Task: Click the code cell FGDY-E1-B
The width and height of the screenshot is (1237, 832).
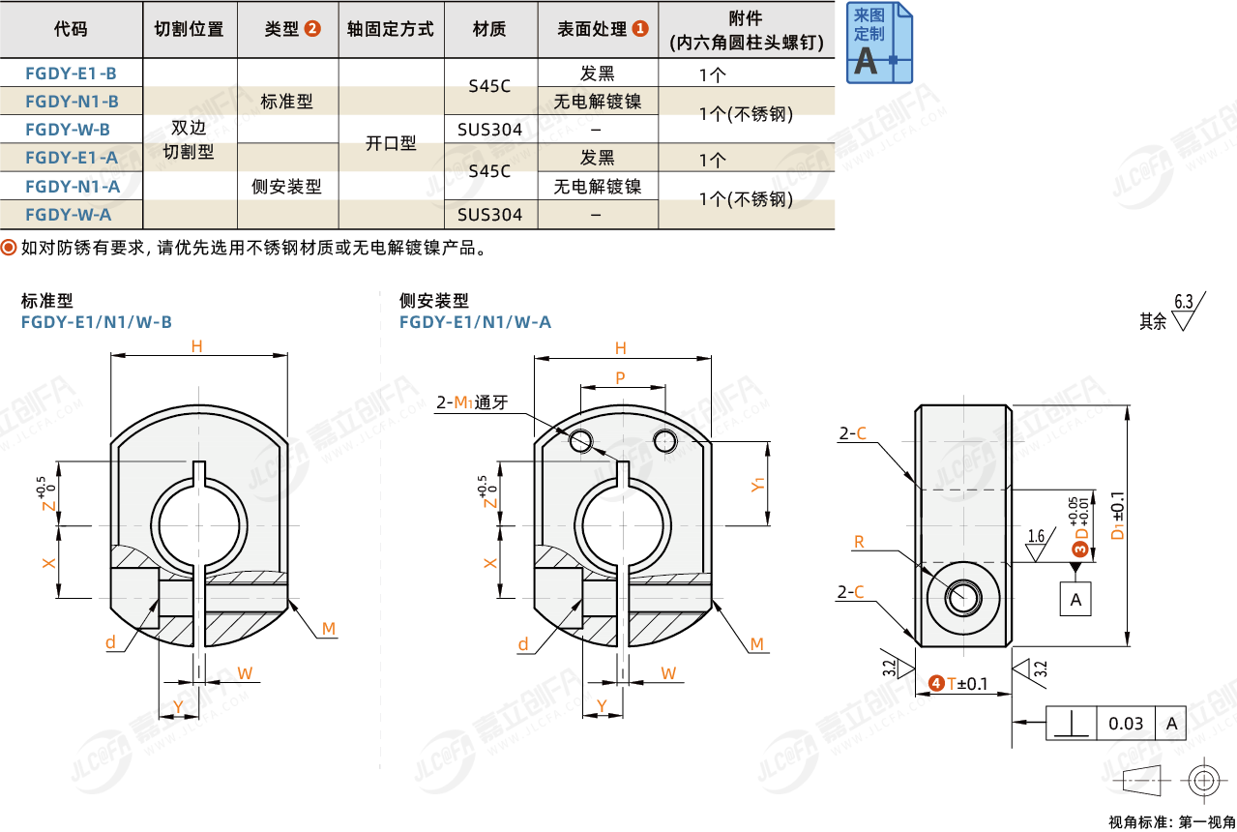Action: point(72,73)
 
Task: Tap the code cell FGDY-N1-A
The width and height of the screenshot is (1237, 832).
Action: point(72,187)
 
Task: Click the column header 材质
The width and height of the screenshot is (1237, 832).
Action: point(490,29)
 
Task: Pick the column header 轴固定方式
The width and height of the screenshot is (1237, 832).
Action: point(391,29)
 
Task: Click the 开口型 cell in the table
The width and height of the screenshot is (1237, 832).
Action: point(391,143)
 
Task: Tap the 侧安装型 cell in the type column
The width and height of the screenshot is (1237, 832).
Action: point(286,187)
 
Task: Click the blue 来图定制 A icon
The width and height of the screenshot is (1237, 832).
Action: point(879,43)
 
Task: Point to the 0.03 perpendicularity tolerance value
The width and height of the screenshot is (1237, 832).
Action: point(1126,723)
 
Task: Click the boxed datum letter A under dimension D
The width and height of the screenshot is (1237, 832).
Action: point(1075,600)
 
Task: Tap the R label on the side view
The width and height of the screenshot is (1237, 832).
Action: point(858,542)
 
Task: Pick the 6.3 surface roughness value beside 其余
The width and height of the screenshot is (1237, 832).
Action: point(1184,301)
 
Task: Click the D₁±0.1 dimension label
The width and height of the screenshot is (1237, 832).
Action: point(1118,523)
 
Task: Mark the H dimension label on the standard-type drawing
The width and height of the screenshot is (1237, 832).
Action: point(196,346)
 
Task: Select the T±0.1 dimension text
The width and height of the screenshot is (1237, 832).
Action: point(966,684)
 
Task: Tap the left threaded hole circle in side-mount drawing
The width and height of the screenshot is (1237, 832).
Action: point(580,441)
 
